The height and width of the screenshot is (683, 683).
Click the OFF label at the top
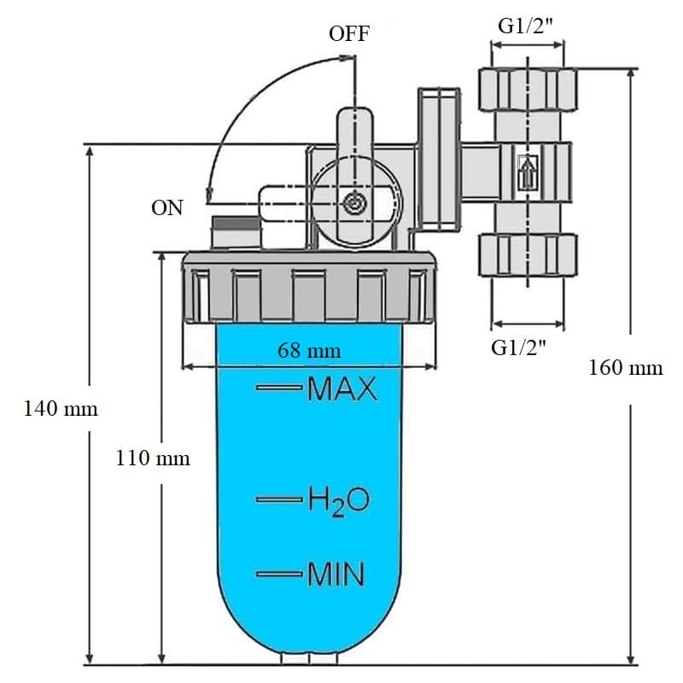coord(349,34)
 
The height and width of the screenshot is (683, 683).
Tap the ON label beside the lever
coord(167,207)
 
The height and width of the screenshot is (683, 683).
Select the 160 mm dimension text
coord(625,368)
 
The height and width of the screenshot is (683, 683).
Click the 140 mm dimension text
coord(60,409)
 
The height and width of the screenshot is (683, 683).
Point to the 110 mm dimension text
coord(153,458)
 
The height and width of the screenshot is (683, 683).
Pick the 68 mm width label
coord(309,350)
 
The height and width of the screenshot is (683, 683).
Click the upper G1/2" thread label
coord(530,25)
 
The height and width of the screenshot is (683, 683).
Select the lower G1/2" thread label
coord(518,347)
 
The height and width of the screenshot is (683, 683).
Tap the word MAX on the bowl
coord(341,389)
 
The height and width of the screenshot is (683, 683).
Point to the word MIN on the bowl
coord(336,574)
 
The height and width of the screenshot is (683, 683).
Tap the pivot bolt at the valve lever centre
coord(353,204)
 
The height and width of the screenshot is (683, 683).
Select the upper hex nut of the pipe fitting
coord(527,88)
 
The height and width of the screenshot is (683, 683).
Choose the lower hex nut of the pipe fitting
coord(527,254)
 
